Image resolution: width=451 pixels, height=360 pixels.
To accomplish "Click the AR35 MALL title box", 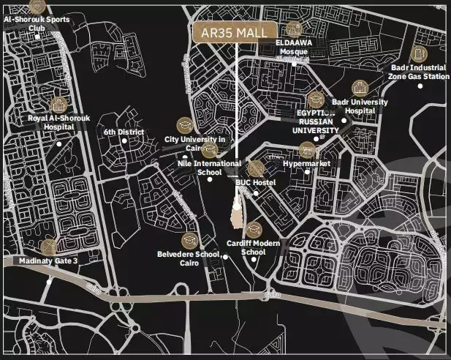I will pyautogui.click(x=235, y=33).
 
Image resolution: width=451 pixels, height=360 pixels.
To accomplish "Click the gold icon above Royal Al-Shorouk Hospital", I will pyautogui.click(x=58, y=105).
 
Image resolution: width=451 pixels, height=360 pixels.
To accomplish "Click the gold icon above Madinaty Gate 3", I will pyautogui.click(x=49, y=246).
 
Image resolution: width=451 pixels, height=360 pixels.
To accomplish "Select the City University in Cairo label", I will pyautogui.click(x=194, y=143).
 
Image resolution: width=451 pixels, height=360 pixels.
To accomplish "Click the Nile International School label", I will pyautogui.click(x=209, y=168).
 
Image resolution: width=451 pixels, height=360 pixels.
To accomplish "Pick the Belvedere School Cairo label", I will pyautogui.click(x=189, y=258).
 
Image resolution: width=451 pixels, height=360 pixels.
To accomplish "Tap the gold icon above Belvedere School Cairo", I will pyautogui.click(x=189, y=240).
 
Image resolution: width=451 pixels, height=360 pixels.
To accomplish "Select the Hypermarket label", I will pyautogui.click(x=306, y=163).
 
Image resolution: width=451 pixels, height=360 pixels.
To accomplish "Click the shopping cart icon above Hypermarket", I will pyautogui.click(x=307, y=149).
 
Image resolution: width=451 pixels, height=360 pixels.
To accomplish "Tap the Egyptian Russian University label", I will pyautogui.click(x=317, y=122).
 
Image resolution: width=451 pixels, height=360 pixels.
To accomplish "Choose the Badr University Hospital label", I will pyautogui.click(x=360, y=106).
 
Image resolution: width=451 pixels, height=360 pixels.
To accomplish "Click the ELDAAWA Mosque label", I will pyautogui.click(x=294, y=48).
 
